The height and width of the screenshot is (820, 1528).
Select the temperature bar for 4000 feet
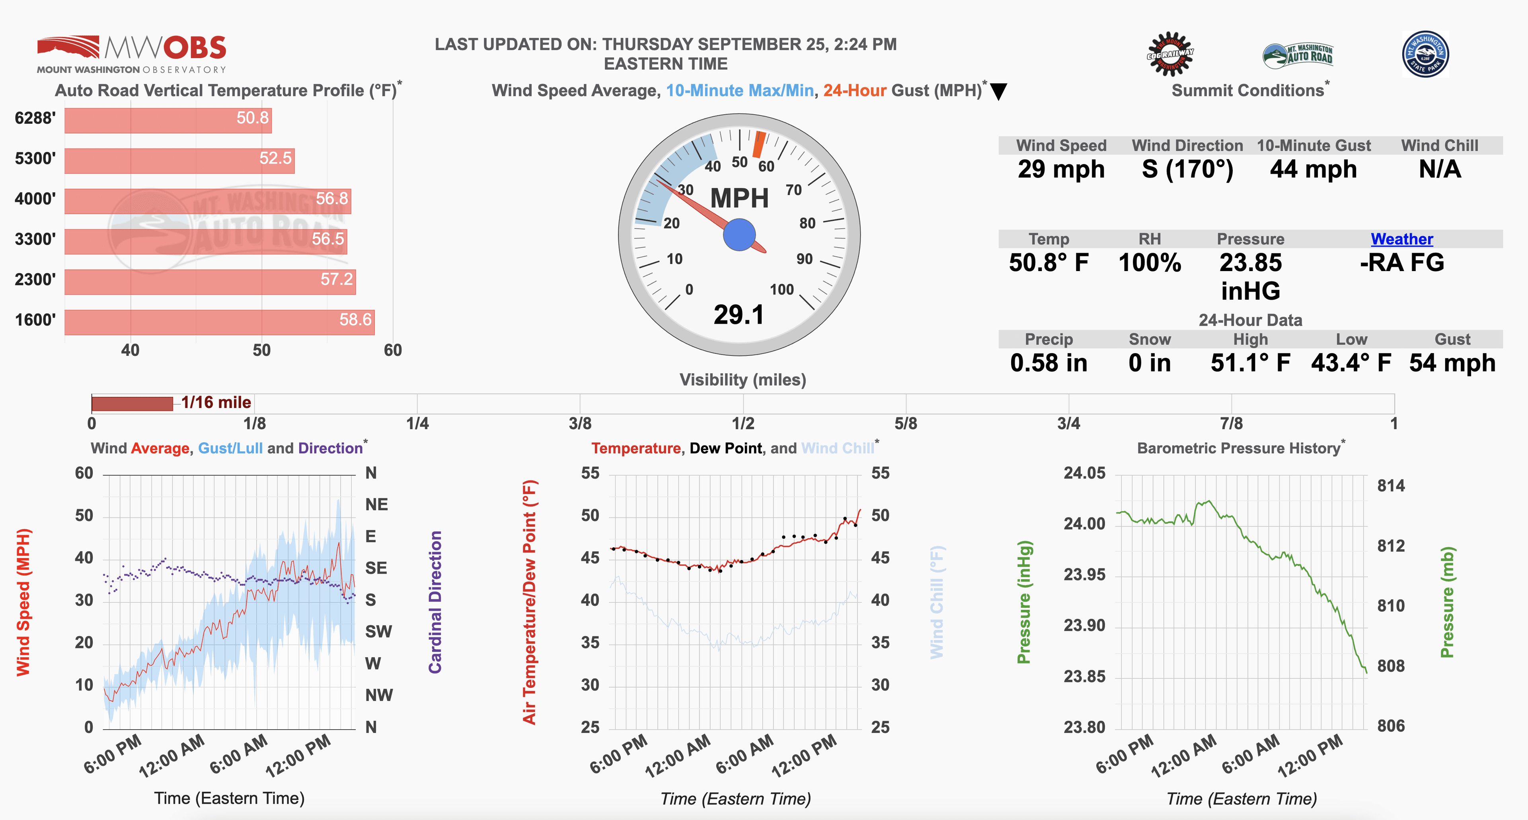pos(208,201)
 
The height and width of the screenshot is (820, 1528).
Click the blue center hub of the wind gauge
pos(739,235)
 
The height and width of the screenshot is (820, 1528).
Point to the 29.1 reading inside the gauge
pos(739,314)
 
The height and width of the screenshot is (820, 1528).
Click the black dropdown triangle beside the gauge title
pos(999,92)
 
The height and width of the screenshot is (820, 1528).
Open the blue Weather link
pos(1401,239)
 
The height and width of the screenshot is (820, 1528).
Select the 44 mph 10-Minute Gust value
pos(1313,170)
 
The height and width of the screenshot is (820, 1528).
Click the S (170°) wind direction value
pos(1187,170)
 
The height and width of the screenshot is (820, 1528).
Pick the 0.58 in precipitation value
pos(1049,363)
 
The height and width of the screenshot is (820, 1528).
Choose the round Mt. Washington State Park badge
pos(1425,54)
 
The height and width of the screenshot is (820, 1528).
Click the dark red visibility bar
pos(132,404)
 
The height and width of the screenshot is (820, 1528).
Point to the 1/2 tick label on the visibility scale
pos(743,424)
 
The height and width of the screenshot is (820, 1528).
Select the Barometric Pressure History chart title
pos(1239,449)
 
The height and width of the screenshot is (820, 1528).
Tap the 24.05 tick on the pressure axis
pos(1084,473)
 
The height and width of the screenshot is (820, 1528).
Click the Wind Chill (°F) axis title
pos(937,602)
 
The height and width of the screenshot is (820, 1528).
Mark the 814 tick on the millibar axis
pos(1390,486)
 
